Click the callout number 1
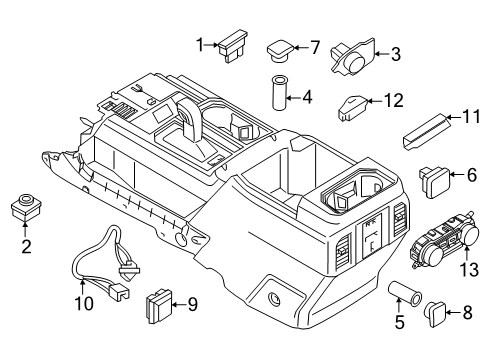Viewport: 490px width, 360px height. pyautogui.click(x=200, y=43)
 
